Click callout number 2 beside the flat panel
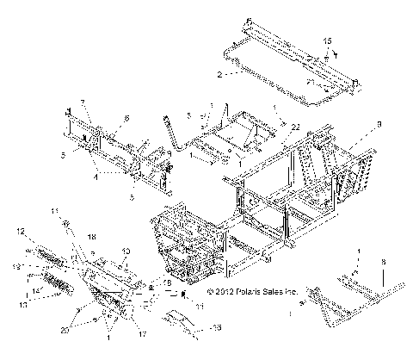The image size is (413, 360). coord(219,76)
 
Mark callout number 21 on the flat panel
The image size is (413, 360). coord(309,81)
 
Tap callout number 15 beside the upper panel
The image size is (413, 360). coord(326,40)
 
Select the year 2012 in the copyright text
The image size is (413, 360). coord(219,292)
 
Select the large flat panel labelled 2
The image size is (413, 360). coord(284,65)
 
